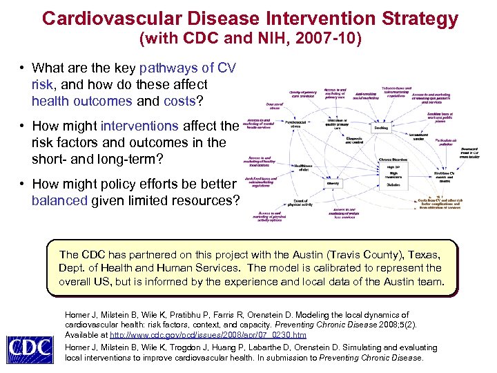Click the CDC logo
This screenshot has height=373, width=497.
(x=30, y=349)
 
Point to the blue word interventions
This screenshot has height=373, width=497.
(x=140, y=126)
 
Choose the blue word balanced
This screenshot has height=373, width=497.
(x=60, y=201)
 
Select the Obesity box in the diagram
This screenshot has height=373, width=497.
(x=333, y=184)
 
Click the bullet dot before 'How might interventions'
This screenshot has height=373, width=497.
(x=23, y=126)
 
